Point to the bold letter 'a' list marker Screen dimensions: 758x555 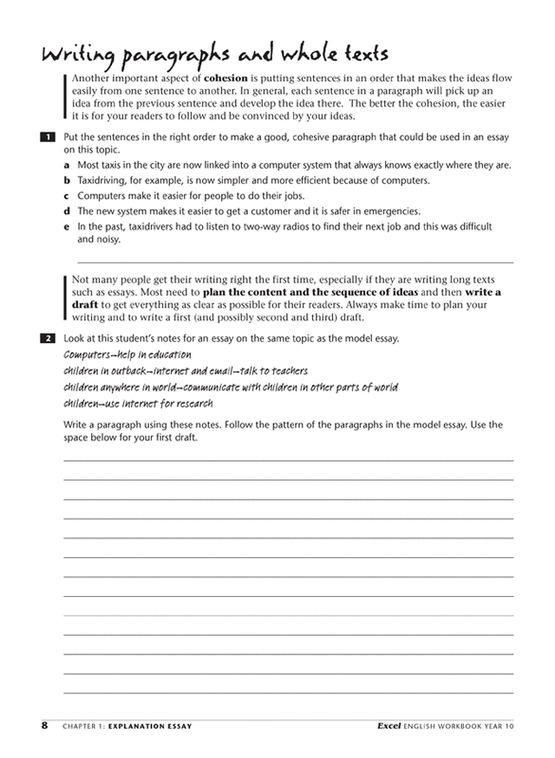click(x=68, y=165)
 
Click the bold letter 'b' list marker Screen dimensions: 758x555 click(x=68, y=180)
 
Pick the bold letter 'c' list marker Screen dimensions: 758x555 click(x=68, y=196)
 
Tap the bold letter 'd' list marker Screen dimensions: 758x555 click(x=68, y=211)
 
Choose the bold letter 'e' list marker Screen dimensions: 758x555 click(x=68, y=227)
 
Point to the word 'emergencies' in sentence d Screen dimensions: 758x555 click(x=392, y=211)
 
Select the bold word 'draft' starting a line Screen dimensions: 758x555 click(x=84, y=306)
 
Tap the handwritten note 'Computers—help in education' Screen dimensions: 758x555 click(x=127, y=355)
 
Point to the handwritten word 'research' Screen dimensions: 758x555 click(x=192, y=404)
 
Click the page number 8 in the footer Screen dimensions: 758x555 click(x=44, y=724)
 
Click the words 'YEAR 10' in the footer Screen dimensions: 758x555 click(x=496, y=726)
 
